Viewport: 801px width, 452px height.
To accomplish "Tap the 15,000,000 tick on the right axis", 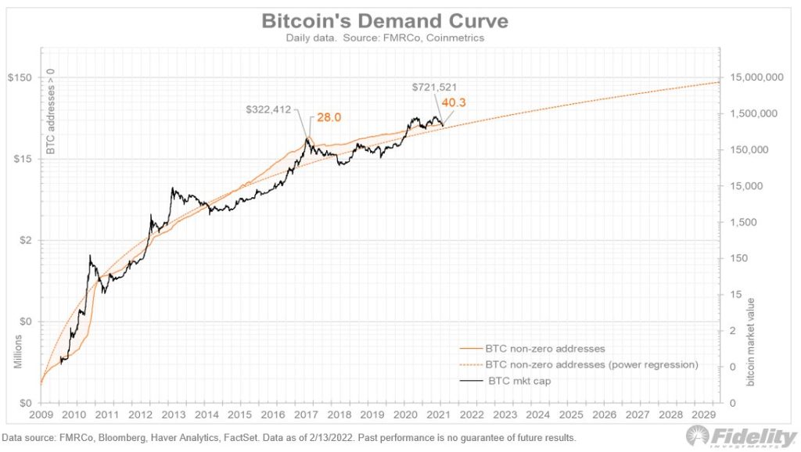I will [757, 77].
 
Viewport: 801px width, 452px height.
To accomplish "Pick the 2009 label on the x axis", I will [41, 414].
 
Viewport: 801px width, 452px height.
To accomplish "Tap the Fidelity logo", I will [740, 436].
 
